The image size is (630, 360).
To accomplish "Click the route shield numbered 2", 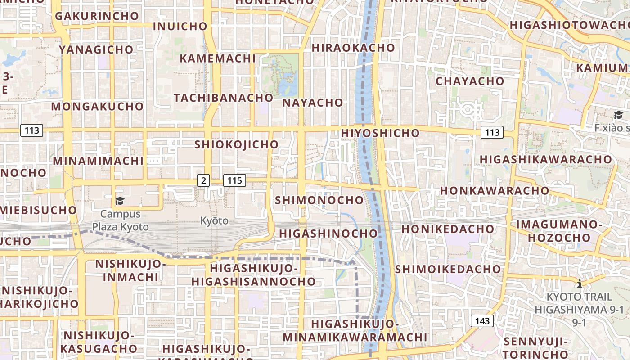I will pos(204,180).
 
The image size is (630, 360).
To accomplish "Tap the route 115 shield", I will pos(235,180).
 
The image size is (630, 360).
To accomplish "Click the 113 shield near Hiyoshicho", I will pos(492,132).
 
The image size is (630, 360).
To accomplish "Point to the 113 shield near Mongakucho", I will pos(31,130).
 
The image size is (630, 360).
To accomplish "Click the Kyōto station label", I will pos(214,221).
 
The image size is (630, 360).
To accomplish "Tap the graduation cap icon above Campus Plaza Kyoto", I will pos(120,201).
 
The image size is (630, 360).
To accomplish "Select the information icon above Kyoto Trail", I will pos(580,284).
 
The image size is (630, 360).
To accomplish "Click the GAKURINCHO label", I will pos(97,16).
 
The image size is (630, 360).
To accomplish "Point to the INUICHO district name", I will pos(180,27).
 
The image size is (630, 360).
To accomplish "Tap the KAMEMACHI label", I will pos(218,58).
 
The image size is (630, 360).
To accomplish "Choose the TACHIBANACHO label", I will pos(224,98).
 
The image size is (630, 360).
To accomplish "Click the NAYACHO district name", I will pos(313,103).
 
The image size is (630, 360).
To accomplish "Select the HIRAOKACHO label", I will pos(353,48).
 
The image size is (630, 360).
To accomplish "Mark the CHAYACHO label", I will pos(470,81).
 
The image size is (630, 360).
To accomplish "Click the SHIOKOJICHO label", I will pos(237,144).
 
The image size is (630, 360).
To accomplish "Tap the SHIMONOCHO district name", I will pos(319,200).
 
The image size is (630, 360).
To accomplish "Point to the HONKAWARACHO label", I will pos(495,190).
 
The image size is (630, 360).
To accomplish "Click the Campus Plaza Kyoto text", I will pos(120,220).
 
